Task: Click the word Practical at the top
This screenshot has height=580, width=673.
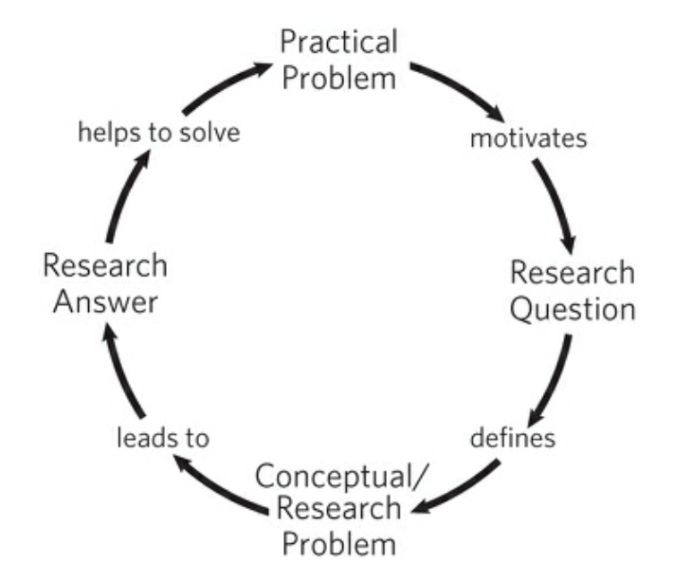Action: tap(338, 44)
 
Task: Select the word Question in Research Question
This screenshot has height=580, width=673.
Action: tap(572, 309)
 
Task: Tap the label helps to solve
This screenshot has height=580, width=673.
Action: tap(158, 132)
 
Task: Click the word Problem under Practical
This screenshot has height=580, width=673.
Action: tap(338, 77)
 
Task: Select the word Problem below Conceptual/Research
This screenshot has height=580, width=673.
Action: tap(338, 545)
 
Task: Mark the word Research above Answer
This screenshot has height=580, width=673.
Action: tap(105, 266)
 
